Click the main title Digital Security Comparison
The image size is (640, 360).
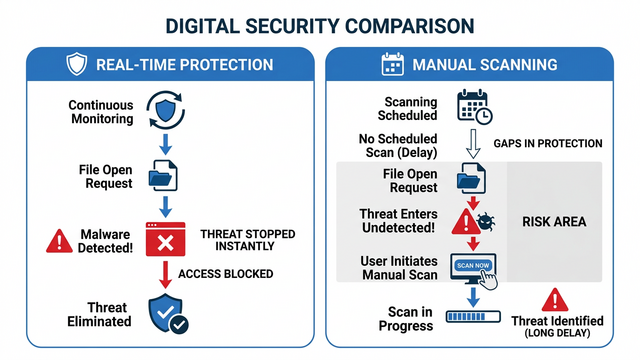tap(319, 23)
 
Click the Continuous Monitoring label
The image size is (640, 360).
tap(101, 111)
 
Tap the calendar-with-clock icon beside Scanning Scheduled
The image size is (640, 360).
tap(473, 108)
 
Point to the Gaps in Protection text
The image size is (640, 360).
tap(548, 144)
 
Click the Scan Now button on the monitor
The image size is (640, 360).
tap(473, 267)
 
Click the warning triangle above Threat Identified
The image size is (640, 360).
tap(555, 299)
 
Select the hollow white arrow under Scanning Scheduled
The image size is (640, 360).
tap(472, 141)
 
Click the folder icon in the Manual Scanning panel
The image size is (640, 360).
tap(471, 180)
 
